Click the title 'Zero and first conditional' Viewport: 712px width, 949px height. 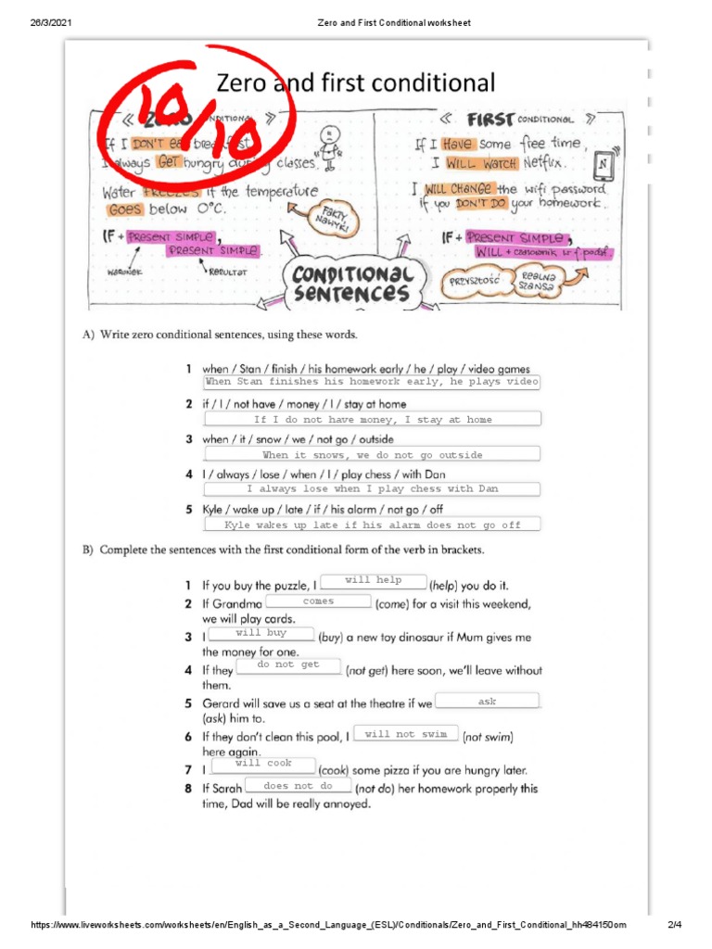(x=356, y=82)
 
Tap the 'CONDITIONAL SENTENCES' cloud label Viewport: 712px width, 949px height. (x=351, y=284)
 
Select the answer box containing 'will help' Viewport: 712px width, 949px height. (x=373, y=581)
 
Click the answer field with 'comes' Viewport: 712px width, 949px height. (x=318, y=602)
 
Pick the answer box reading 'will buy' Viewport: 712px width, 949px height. (x=261, y=634)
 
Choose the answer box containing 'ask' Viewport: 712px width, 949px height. (x=487, y=702)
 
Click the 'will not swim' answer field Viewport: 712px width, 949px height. (x=406, y=735)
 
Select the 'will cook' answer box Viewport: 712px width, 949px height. (x=264, y=765)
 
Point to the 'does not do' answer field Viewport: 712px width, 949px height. (x=299, y=787)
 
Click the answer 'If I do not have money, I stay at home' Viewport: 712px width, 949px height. (x=372, y=420)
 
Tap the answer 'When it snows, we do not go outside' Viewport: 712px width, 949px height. (x=372, y=455)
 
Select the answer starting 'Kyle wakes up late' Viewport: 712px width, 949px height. (x=372, y=525)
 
